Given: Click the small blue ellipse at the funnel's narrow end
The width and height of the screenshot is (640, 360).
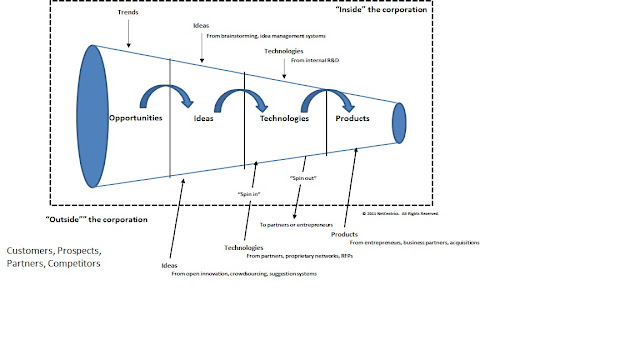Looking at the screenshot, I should [399, 122].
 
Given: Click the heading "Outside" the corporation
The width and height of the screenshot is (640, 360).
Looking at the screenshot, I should [97, 218].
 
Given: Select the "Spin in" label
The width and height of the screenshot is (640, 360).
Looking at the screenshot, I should [250, 193].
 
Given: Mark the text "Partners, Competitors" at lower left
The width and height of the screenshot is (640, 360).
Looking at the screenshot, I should [54, 264].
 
